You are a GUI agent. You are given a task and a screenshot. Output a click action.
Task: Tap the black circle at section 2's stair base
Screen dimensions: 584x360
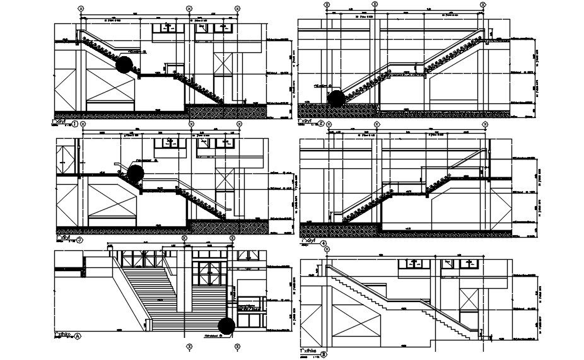click(336, 98)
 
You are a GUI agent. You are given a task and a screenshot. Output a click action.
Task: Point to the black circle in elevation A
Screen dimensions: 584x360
click(226, 325)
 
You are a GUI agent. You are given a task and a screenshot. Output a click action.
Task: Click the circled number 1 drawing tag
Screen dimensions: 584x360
click(75, 124)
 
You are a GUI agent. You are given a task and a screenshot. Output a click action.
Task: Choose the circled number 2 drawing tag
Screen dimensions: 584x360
click(321, 124)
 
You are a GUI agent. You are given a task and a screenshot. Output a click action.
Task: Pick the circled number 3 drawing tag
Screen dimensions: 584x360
click(80, 240)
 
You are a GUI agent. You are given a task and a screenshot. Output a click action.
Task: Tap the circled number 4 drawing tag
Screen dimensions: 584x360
click(324, 243)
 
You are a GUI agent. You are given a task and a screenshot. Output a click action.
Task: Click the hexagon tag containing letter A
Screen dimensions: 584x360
click(78, 336)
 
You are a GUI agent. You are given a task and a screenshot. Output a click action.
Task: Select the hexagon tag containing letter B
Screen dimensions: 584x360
click(324, 354)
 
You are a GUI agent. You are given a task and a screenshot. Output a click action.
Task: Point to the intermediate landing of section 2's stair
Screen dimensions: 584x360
click(404, 74)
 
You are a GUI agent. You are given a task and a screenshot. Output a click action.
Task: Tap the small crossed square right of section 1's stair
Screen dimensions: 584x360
click(223, 64)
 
